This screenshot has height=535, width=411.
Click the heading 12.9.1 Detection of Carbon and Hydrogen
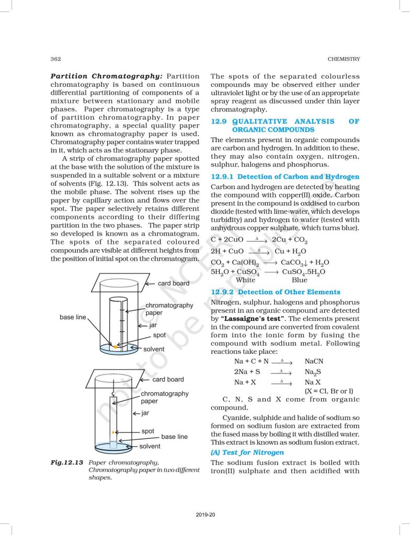[x=285, y=177]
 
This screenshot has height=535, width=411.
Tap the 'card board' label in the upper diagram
[x=174, y=283]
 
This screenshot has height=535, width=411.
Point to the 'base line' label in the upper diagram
[x=73, y=317]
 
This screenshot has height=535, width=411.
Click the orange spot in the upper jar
[x=115, y=346]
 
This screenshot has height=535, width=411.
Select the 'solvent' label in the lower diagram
[x=150, y=446]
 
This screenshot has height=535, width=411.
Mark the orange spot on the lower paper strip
[x=113, y=432]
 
